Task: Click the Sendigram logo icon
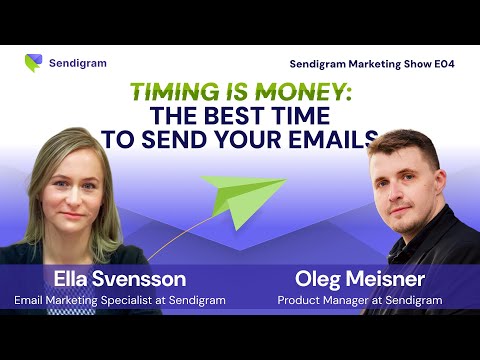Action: (33, 63)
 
